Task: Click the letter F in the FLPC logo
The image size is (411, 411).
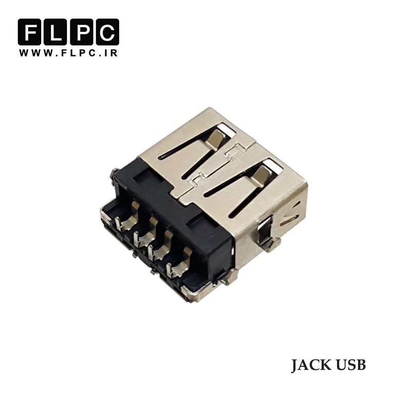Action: pos(29,32)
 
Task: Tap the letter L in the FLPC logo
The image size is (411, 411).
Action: pos(55,32)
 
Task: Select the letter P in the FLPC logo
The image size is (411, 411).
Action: pos(81,32)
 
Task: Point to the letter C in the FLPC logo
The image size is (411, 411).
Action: pos(107,32)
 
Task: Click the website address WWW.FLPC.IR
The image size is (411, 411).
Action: pos(68,53)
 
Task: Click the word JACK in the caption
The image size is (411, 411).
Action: pos(311,365)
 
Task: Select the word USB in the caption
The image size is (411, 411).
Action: pos(351,365)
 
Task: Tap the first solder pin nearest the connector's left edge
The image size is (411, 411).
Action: pos(126,217)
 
